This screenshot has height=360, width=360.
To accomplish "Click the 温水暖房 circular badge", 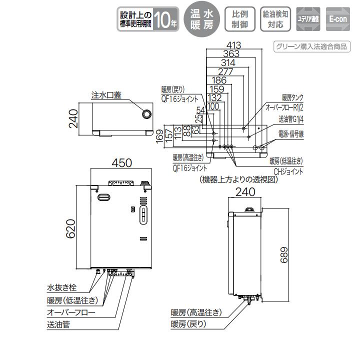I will pyautogui.click(x=202, y=20).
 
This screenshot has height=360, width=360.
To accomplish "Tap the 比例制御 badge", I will pyautogui.click(x=237, y=20).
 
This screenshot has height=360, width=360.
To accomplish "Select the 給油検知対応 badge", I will pyautogui.click(x=275, y=20).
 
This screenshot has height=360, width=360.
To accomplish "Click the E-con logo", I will pyautogui.click(x=338, y=20).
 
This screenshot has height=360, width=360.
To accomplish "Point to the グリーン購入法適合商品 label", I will pyautogui.click(x=310, y=47).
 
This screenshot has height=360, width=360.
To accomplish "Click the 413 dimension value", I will pyautogui.click(x=233, y=45).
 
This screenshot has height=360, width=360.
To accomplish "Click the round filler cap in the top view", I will pyautogui.click(x=146, y=114).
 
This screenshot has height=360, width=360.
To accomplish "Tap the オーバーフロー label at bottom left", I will pyautogui.click(x=67, y=312).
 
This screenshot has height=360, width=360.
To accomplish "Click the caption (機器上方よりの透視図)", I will pyautogui.click(x=238, y=179).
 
